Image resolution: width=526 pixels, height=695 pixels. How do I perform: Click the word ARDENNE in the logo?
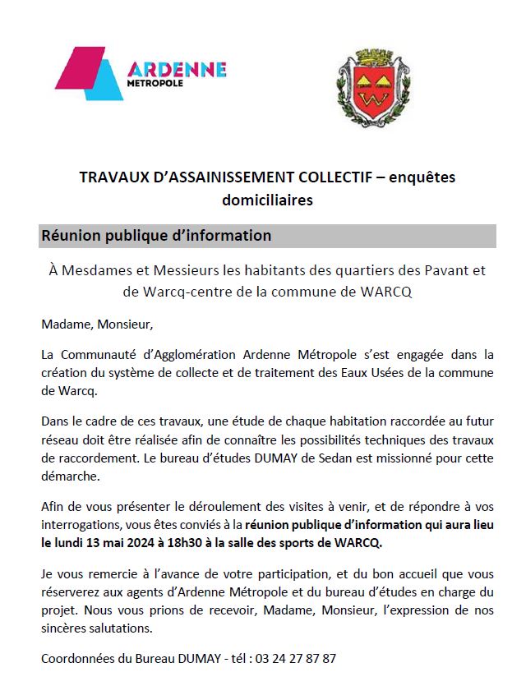(177, 69)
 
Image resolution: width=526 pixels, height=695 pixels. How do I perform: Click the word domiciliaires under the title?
(267, 200)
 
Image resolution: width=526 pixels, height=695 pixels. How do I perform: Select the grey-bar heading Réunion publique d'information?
(156, 236)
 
